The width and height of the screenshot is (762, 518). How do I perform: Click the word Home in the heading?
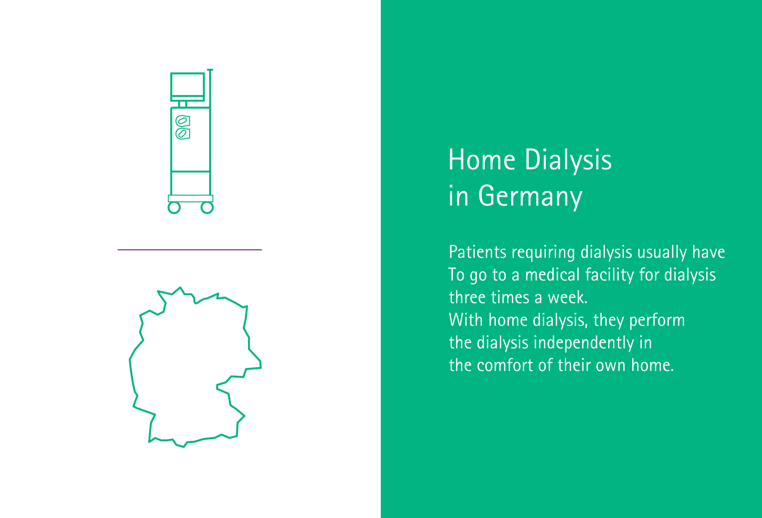click(x=482, y=160)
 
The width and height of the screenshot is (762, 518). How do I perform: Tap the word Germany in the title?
click(x=530, y=197)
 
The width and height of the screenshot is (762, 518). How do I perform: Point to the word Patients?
click(x=478, y=252)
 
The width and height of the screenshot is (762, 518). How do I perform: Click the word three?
click(x=467, y=298)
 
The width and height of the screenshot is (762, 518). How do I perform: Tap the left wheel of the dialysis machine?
click(x=174, y=208)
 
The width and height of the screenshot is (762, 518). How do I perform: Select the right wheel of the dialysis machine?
click(x=207, y=208)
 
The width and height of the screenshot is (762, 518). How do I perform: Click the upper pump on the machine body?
click(x=182, y=121)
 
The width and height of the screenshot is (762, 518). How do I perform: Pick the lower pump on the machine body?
click(x=182, y=134)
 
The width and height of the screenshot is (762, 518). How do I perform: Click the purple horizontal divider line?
click(x=190, y=250)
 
